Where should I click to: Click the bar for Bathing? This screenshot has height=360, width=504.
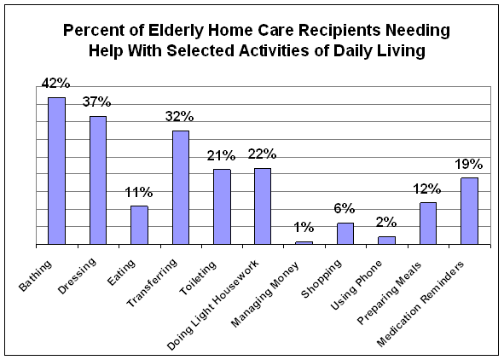[x=56, y=171]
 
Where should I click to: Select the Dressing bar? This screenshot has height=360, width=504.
[x=98, y=180]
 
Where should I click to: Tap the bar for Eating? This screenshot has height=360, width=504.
[x=139, y=225]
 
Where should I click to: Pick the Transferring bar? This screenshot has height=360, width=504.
[x=181, y=188]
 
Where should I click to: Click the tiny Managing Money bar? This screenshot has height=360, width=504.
[x=304, y=243]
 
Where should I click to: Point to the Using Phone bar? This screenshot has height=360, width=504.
[x=386, y=241]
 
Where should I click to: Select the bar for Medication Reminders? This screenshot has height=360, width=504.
[x=469, y=212]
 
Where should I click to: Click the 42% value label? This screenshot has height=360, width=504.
[x=55, y=84]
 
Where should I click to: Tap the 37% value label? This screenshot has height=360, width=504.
[x=96, y=102]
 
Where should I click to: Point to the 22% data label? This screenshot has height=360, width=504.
[x=262, y=154]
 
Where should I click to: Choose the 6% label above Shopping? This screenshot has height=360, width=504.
[x=345, y=209]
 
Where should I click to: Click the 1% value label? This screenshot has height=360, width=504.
[x=304, y=228]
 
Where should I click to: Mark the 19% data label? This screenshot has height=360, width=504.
[x=469, y=165]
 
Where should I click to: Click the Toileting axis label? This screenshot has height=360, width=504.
[x=197, y=278]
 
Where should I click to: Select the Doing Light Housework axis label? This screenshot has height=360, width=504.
[x=213, y=305]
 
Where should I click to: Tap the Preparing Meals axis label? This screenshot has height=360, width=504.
[x=390, y=293]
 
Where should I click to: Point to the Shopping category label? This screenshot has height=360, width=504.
[x=321, y=278]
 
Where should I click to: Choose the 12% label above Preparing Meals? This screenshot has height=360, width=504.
[x=427, y=189]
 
